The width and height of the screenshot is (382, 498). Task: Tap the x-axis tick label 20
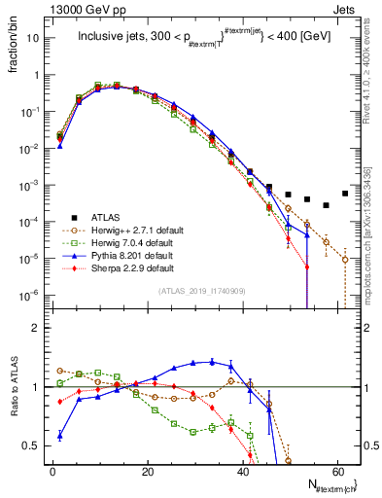[x=147, y=472]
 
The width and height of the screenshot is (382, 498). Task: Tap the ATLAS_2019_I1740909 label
[x=201, y=291]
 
